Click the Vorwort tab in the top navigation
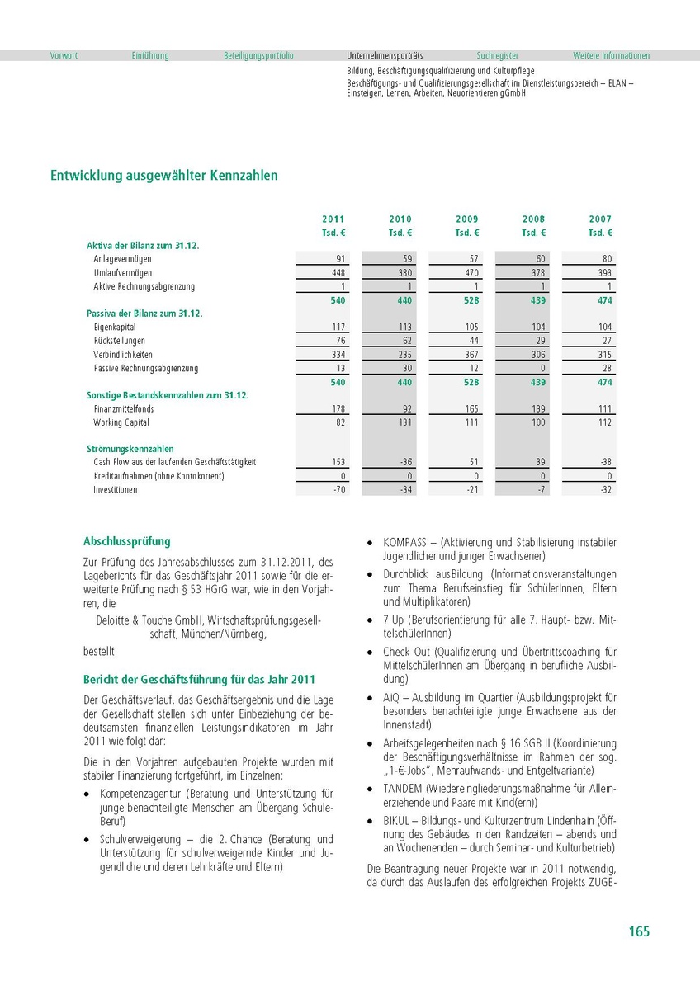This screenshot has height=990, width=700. (64, 56)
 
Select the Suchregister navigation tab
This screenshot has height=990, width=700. (498, 56)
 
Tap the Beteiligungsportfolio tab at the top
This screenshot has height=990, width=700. (258, 56)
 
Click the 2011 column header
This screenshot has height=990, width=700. (333, 219)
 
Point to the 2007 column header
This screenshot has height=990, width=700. (600, 219)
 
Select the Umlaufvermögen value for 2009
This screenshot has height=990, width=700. (471, 273)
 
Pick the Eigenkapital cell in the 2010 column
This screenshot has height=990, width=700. (404, 328)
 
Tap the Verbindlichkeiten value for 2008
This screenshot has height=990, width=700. (537, 355)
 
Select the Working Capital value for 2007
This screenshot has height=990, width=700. (603, 422)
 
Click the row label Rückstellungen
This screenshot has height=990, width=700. (120, 341)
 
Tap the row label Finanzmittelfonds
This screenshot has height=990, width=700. (124, 409)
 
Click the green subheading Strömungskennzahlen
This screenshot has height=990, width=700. (130, 450)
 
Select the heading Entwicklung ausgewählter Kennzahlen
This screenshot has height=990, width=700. (164, 176)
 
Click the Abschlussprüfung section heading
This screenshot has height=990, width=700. (127, 542)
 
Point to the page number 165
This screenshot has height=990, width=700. (639, 931)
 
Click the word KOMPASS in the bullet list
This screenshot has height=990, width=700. (404, 543)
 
